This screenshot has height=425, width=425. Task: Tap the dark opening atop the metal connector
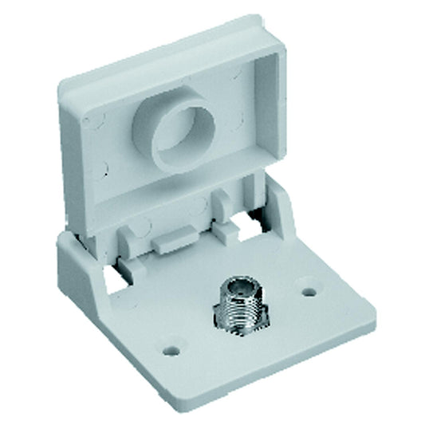[240, 285]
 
